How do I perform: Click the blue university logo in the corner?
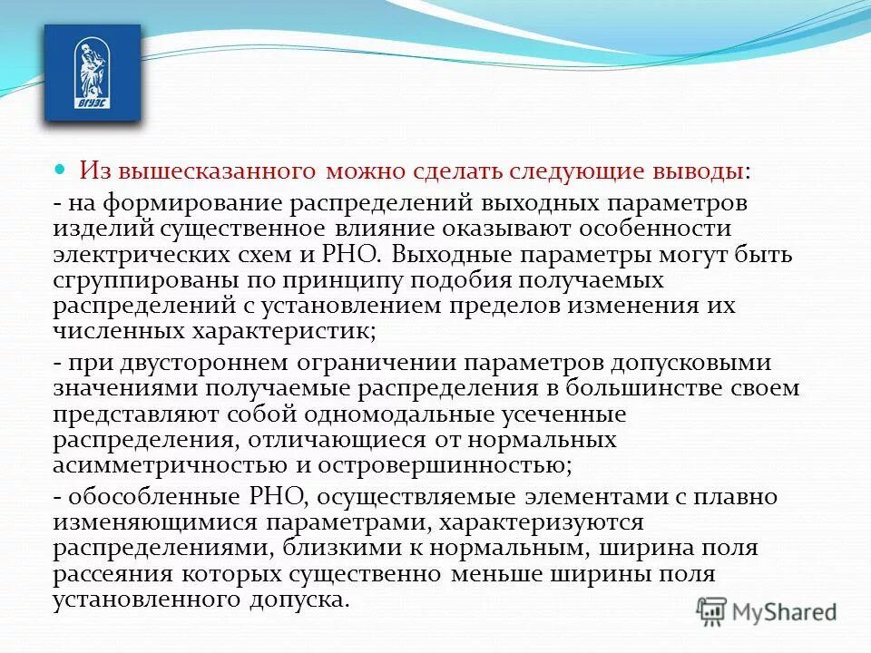click(93, 73)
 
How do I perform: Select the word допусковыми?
click(682, 363)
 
